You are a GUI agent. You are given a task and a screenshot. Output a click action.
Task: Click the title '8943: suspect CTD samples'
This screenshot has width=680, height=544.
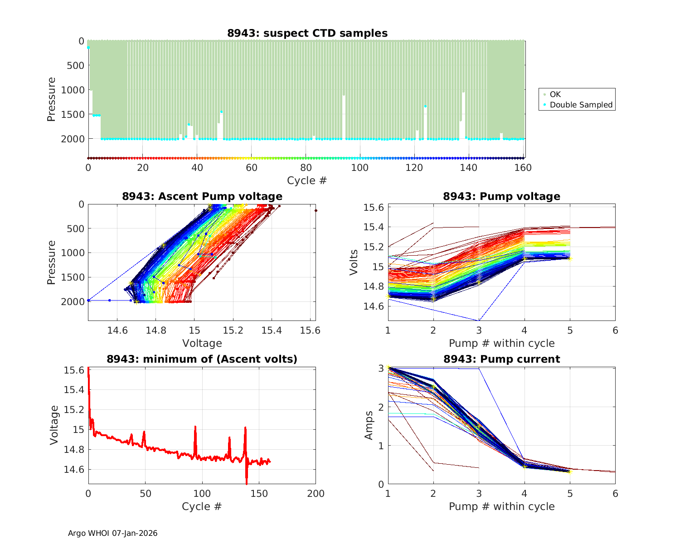[x=307, y=33]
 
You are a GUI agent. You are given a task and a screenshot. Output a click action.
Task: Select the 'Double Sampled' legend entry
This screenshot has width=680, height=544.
[x=581, y=105]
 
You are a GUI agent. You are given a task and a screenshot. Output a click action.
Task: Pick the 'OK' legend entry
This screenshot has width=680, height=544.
[x=555, y=94]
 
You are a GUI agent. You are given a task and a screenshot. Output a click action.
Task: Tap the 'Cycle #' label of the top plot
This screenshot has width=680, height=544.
[x=307, y=180]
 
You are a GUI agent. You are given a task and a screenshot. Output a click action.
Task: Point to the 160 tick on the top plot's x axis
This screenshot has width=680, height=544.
[x=523, y=168]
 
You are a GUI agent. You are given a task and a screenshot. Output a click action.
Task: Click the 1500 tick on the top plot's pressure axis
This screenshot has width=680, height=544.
[x=73, y=114]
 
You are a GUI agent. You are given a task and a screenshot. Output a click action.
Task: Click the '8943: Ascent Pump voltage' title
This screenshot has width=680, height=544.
[x=202, y=196]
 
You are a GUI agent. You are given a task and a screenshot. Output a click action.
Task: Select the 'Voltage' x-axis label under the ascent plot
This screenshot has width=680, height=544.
[x=202, y=343]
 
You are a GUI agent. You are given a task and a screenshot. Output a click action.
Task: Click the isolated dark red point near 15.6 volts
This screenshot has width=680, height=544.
[x=316, y=210]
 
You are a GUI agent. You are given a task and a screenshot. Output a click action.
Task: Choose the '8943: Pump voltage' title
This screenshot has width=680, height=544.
[x=501, y=196]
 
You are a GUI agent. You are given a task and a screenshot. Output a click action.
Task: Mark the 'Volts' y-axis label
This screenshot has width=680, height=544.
[x=354, y=262]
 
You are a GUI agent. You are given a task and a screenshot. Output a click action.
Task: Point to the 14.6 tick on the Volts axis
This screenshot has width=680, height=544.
[x=373, y=306]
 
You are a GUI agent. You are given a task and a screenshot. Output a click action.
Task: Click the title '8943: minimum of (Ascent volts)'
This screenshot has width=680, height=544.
[x=202, y=359]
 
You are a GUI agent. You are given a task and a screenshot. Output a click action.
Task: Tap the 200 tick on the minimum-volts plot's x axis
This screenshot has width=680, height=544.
[x=316, y=493]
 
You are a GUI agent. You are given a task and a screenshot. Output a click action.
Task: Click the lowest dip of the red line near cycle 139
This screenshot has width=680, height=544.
[x=247, y=484]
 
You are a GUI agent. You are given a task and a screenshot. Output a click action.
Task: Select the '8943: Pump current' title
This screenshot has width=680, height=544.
[x=501, y=359]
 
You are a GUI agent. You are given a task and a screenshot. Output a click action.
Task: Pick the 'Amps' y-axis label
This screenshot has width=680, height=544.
[x=369, y=425]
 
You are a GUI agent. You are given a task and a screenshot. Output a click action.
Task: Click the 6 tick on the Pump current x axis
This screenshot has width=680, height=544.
[x=615, y=493]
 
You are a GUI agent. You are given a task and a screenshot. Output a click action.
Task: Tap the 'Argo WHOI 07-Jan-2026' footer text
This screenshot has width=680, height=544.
[x=112, y=533]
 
